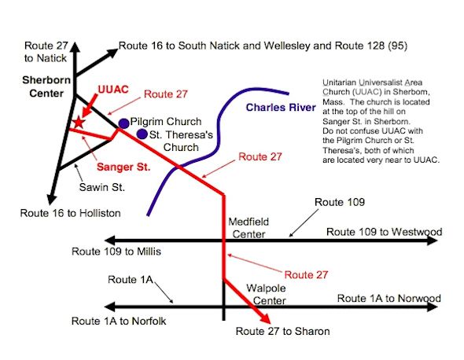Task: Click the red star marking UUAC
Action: [78, 122]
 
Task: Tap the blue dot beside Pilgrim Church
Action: [124, 123]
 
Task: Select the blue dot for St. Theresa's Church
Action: [142, 134]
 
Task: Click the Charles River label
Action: [281, 107]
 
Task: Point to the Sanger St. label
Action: [123, 167]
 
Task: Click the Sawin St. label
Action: [101, 187]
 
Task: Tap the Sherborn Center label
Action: [46, 86]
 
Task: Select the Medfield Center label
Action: [249, 228]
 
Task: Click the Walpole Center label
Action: [266, 294]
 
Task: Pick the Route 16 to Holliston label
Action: [71, 213]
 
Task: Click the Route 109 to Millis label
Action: [116, 252]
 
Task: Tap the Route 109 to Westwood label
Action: [384, 232]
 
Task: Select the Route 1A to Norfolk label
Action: [119, 321]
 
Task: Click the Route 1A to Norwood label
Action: [389, 298]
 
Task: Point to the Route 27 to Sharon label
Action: [282, 331]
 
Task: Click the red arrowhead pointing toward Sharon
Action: [265, 318]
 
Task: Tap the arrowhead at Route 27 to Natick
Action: [75, 46]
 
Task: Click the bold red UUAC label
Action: [113, 90]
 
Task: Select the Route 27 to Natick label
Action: [46, 52]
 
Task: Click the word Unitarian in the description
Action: [340, 83]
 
